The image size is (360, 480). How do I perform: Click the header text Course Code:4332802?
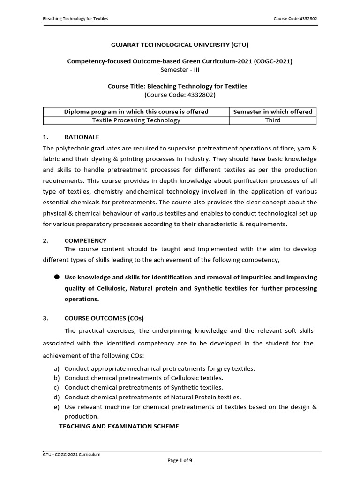(x=298, y=19)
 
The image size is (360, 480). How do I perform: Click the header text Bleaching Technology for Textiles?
(x=75, y=19)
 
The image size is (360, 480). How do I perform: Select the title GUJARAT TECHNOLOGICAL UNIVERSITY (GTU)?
(x=180, y=45)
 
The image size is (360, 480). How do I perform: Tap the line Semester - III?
(x=180, y=69)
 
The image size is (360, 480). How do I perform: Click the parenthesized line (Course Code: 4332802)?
(x=180, y=94)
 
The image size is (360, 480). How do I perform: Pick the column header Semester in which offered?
(x=272, y=112)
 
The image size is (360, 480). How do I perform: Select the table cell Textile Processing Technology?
(x=136, y=120)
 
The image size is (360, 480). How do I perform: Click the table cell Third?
(x=272, y=120)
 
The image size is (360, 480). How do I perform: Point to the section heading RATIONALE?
(x=82, y=137)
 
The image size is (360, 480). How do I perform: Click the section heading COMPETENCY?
(x=85, y=240)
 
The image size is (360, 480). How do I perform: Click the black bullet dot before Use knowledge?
(x=56, y=277)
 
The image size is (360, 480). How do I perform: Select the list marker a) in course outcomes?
(x=57, y=369)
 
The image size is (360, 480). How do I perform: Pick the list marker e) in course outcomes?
(x=57, y=407)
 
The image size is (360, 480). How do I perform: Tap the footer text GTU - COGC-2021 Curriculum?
(x=71, y=454)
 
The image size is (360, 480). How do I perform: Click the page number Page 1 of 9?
(x=180, y=461)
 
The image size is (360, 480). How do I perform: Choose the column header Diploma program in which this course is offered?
(x=136, y=112)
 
